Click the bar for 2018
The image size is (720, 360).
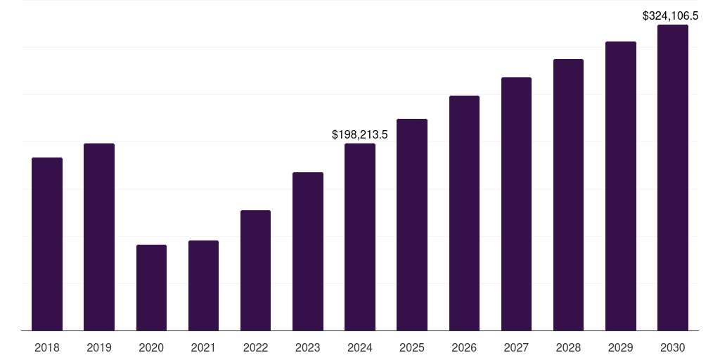47,244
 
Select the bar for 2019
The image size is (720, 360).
99,237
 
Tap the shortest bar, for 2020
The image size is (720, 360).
151,288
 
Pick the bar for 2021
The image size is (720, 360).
203,285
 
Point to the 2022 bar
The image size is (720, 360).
255,271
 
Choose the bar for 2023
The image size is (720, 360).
308,251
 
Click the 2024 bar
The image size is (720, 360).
360,237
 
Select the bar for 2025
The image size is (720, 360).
412,225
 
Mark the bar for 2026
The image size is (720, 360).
464,213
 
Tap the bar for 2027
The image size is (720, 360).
516,204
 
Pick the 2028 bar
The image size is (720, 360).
568,195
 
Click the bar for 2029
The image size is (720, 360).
621,186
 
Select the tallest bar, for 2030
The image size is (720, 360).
673,178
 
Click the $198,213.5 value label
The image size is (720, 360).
360,134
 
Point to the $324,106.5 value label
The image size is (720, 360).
671,15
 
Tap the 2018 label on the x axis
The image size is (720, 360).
47,347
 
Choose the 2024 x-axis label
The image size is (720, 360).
360,347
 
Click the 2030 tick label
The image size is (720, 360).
673,347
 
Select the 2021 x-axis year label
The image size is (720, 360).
203,347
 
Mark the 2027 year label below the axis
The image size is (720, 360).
516,347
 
